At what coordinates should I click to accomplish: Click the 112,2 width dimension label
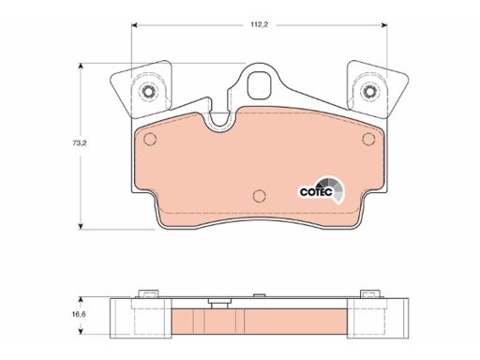point(259,24)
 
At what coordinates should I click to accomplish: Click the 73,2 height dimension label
point(80,143)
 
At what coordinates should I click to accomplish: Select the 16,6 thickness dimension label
point(79,314)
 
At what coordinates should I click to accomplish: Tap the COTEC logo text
point(316,192)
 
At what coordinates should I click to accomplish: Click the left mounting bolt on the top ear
point(149,91)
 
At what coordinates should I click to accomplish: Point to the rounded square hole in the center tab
point(259,85)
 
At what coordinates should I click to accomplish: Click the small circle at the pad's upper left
point(150,139)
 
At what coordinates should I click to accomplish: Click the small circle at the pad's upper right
point(368,139)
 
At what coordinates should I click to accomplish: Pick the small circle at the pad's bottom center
point(259,196)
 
